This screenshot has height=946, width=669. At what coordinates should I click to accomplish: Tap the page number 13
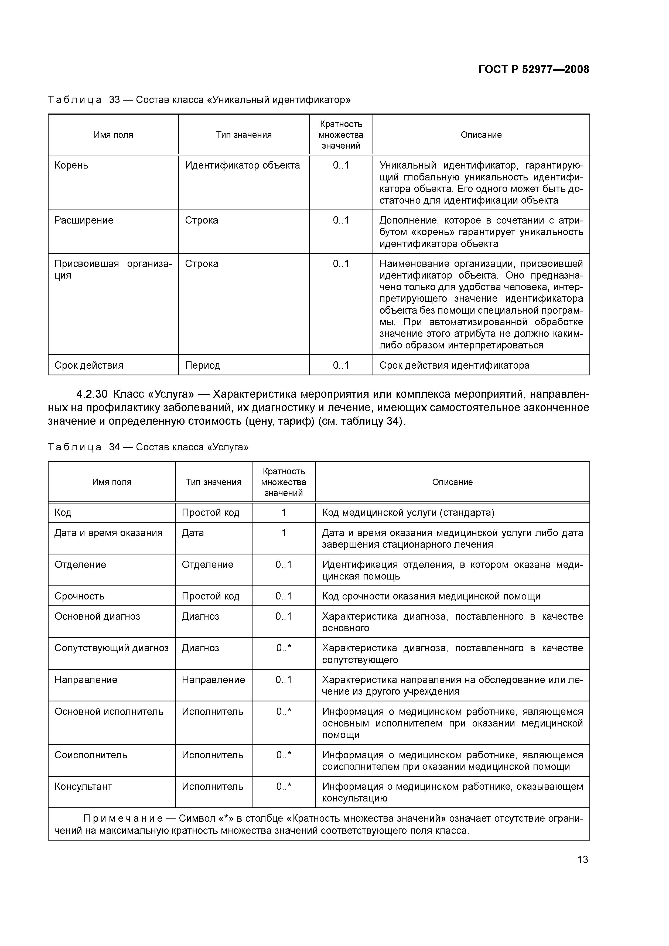point(582,859)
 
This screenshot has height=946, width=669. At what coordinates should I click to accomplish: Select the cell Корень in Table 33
point(71,166)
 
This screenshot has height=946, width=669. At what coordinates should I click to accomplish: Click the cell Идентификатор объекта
point(242,166)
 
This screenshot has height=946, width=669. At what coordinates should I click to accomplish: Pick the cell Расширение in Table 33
point(84,220)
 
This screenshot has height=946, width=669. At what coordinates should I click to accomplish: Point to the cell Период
point(202,365)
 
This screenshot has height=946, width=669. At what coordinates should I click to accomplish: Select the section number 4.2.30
point(91,394)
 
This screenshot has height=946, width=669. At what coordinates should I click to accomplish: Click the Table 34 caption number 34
point(114,447)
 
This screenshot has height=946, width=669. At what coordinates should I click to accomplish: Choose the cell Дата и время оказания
point(108,533)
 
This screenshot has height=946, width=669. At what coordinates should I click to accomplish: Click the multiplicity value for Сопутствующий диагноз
point(284,648)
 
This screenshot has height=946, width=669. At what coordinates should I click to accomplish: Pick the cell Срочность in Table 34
point(79,596)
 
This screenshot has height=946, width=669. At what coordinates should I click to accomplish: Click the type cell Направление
point(213,680)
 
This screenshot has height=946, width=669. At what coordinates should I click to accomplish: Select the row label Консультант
point(83,787)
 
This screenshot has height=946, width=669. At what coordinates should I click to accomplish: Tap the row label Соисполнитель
point(91,755)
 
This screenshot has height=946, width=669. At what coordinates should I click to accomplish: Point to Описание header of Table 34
point(452,482)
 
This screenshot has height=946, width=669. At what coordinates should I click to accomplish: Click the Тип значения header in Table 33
point(244,135)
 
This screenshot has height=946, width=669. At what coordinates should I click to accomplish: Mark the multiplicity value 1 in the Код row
point(284,513)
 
